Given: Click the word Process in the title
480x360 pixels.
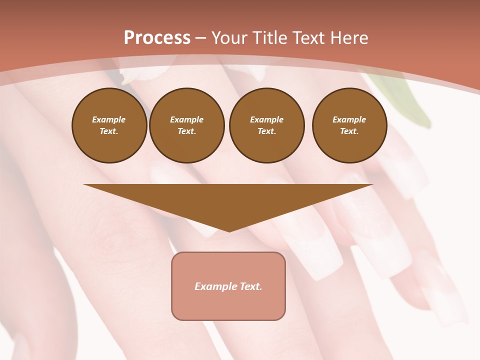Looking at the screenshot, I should pos(157,38).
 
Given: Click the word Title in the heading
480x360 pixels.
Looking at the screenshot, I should pos(269,38).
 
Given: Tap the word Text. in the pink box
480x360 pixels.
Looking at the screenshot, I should pos(249,286).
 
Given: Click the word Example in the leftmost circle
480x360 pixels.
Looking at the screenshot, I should pos(109,119).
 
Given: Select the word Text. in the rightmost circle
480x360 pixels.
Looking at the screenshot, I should pos(349,131).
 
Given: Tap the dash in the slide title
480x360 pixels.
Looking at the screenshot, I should pos(200,38).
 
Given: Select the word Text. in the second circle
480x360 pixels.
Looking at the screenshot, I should pos(187,131).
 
